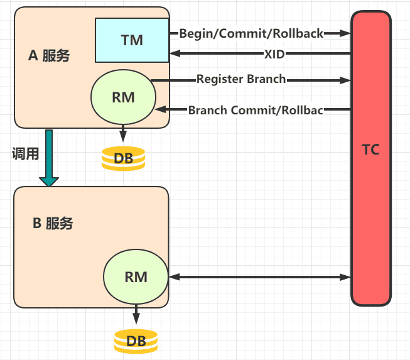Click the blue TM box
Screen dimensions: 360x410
(132, 40)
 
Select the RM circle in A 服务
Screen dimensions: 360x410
(122, 97)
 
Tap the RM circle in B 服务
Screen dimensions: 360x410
(136, 276)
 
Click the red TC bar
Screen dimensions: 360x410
(370, 157)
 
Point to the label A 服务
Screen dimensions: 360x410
(49, 55)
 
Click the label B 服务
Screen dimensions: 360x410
(53, 223)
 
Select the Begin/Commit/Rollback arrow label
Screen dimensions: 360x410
(251, 33)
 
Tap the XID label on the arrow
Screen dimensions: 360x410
(274, 54)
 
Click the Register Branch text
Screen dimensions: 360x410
(241, 80)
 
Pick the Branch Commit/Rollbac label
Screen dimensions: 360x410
(256, 111)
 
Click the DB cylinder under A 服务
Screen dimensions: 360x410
(123, 158)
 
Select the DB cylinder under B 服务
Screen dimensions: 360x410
(136, 341)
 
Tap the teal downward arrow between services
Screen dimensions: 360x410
(48, 158)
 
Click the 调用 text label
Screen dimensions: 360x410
(25, 154)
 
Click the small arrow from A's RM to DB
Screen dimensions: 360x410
(122, 134)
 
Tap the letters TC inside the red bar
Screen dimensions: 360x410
(370, 150)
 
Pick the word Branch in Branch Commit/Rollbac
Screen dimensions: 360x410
(208, 111)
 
